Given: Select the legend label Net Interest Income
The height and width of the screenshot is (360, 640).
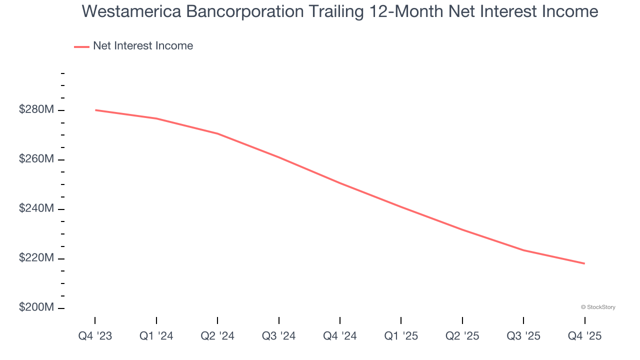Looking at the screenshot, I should [143, 46].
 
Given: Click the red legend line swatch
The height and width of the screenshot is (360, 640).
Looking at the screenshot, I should [81, 46].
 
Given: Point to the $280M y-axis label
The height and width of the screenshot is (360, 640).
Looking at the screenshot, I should [36, 109].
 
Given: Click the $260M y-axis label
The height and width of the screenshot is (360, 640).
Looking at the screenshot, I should [36, 159].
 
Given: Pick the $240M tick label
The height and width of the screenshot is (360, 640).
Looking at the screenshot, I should [36, 208].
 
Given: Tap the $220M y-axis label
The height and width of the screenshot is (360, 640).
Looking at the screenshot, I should [36, 258].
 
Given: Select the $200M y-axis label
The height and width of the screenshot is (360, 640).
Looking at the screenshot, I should [36, 307].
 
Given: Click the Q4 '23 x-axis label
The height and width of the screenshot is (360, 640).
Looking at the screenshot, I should [95, 336].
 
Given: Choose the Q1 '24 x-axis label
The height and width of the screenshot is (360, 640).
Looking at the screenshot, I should [156, 336].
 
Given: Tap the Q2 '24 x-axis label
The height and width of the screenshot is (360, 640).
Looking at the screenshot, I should [217, 336].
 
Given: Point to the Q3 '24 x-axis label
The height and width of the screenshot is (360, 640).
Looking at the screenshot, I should [278, 336].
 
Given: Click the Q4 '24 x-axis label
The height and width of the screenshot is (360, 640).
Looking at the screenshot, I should [340, 336].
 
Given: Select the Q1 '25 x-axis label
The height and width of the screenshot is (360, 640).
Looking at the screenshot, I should [401, 336].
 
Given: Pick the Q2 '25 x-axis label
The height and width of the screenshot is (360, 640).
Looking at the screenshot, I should [462, 336].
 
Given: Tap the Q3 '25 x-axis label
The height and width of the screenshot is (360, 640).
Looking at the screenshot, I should [523, 336].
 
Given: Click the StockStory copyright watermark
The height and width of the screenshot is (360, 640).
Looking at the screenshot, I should [598, 307].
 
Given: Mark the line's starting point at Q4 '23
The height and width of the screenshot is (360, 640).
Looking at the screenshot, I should [95, 110].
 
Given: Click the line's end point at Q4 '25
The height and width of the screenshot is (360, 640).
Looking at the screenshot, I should [584, 263].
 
